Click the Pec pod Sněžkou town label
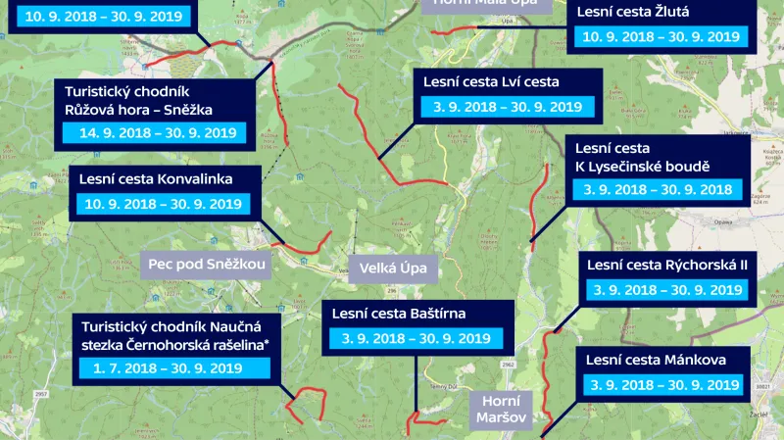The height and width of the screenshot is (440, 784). click(207, 264)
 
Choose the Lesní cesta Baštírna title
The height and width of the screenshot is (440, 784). click(412, 314)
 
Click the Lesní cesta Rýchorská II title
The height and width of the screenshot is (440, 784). click(666, 265)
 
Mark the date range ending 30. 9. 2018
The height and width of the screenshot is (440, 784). click(659, 190)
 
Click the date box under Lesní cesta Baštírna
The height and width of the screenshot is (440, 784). click(416, 339)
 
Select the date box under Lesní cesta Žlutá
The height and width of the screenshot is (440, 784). click(661, 37)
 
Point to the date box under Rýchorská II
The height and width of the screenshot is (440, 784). click(666, 290)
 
